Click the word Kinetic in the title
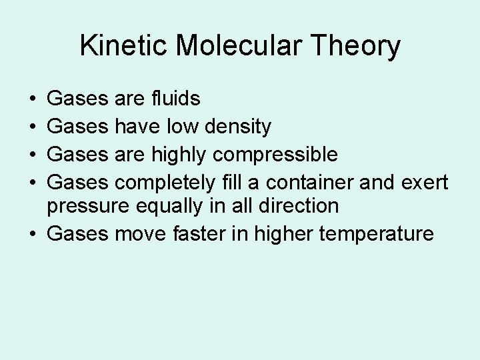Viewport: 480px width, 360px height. tap(118, 47)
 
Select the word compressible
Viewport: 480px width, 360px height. tap(275, 154)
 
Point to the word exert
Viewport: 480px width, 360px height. tap(425, 181)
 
